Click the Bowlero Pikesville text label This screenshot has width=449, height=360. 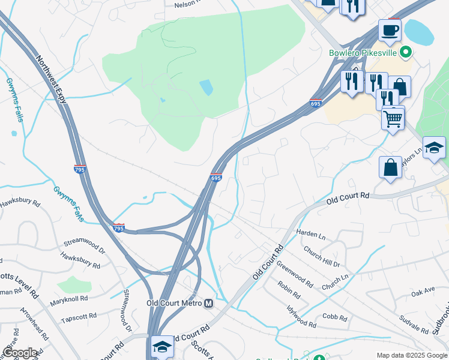coord(364,53)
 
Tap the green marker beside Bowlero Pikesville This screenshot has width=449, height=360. coord(406,52)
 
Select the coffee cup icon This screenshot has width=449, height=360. coord(389,31)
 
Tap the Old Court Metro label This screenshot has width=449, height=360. coord(174,303)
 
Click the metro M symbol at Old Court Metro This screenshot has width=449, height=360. coord(209,304)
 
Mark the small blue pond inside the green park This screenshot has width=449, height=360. coord(206,88)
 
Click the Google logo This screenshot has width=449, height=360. coord(20,353)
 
